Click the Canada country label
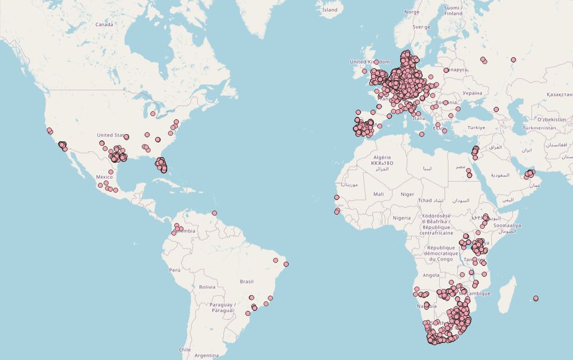point(104,25)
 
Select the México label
point(104,177)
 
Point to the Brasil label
point(246,281)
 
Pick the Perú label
point(175,269)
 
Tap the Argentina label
point(206,355)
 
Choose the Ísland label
point(330,10)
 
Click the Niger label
point(407,194)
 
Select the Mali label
point(378,194)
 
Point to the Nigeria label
point(402,218)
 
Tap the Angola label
point(430,275)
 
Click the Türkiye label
point(476,127)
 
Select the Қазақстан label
point(559,93)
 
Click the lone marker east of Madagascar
point(536,298)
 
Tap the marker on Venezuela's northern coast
point(214,213)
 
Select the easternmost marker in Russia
point(513,59)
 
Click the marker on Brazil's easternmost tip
point(286,264)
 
